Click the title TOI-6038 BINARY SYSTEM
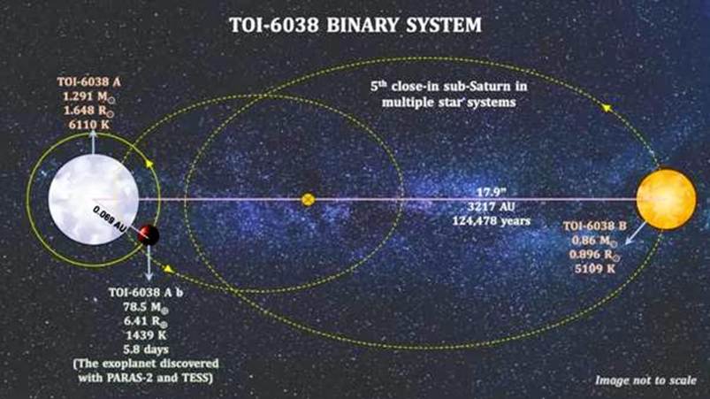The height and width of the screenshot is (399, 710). click(x=355, y=25)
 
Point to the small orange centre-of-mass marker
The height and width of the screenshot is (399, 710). click(x=308, y=200)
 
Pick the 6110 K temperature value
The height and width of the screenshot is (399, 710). click(x=90, y=127)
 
